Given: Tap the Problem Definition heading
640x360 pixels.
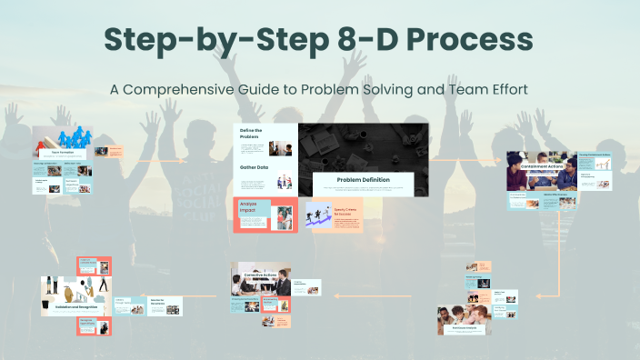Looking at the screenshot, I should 363,180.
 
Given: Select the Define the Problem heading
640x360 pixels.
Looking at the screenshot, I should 250,134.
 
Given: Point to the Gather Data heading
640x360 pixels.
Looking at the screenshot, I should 254,167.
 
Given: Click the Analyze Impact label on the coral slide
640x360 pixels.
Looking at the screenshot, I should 249,206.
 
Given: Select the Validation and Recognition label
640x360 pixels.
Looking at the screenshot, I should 76,307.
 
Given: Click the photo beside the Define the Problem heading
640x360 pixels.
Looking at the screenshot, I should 280,145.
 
